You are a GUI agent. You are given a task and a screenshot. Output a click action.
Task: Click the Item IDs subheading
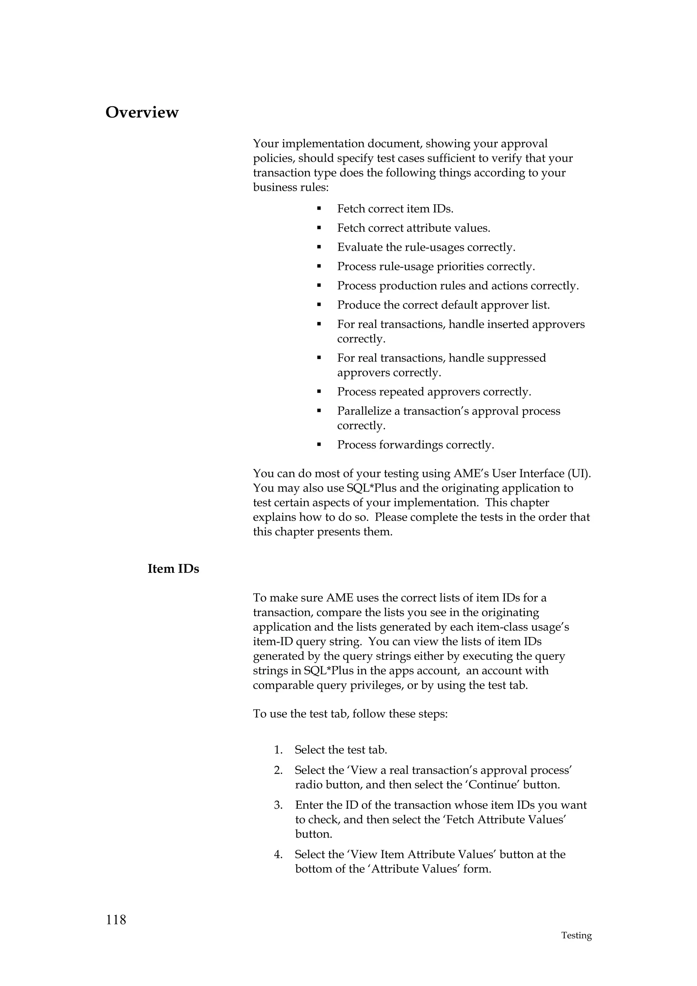point(173,569)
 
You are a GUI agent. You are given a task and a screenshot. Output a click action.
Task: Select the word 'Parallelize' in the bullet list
point(364,411)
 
